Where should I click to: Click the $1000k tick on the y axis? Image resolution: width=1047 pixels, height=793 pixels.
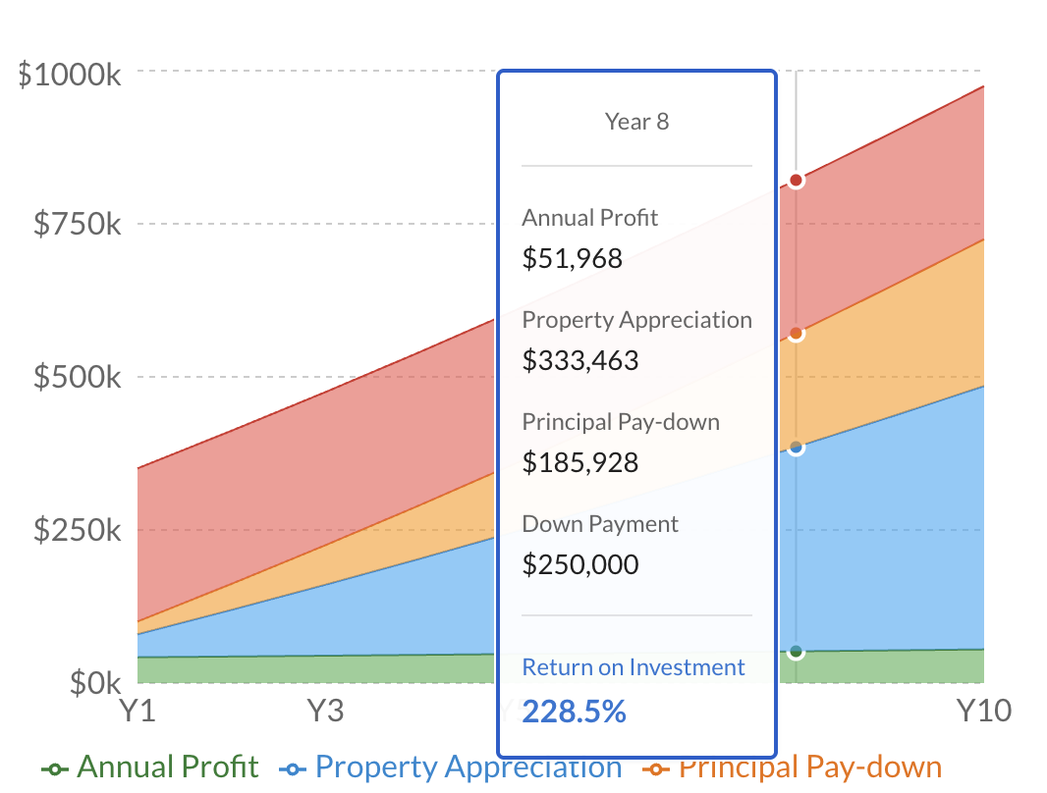pos(70,75)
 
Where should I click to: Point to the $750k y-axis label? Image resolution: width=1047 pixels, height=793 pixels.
pos(78,224)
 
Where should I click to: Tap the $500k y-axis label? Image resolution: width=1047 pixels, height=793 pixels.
pos(78,377)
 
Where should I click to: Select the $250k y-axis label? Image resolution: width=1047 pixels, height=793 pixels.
pos(78,530)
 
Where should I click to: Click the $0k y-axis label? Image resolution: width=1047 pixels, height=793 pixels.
pos(95,682)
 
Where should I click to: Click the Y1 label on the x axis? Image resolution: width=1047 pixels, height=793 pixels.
pos(138,710)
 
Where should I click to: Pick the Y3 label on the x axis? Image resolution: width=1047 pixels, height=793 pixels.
pos(326,710)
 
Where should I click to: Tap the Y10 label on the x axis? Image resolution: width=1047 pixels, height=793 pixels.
pos(983,710)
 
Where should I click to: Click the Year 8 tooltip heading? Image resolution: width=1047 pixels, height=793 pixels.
pos(636,122)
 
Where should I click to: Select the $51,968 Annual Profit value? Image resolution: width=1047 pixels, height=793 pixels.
pos(572,258)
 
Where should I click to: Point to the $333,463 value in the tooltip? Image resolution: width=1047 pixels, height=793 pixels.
pos(579,360)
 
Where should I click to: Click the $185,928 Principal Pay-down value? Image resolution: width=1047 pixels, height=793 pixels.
pos(579,462)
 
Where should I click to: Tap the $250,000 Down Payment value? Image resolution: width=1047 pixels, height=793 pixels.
pos(579,564)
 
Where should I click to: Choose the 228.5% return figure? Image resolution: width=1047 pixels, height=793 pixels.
pos(574,712)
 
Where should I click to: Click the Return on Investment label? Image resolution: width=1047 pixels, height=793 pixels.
pos(634,667)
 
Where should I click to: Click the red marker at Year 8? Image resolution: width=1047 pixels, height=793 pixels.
pos(796,181)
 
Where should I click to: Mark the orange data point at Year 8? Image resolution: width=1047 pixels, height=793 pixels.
pos(796,334)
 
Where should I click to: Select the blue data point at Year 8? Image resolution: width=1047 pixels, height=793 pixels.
pos(796,448)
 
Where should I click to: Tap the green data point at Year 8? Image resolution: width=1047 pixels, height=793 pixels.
pos(796,651)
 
